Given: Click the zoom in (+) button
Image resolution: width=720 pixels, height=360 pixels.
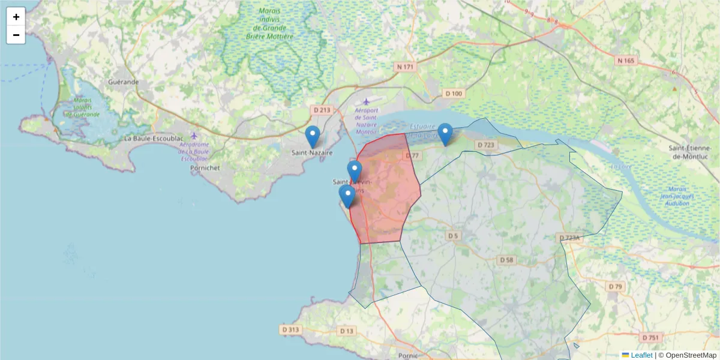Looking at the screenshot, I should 16,17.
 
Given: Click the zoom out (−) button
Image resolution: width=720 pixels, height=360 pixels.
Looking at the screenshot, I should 16,35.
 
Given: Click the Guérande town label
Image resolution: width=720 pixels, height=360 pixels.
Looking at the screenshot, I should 124,82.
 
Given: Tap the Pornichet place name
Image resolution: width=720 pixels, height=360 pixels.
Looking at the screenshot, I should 204,168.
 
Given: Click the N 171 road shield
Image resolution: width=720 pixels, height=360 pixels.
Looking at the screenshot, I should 406,67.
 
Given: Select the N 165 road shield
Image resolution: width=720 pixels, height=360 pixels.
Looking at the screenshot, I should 625,61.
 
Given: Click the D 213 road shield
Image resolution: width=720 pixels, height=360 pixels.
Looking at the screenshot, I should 322,110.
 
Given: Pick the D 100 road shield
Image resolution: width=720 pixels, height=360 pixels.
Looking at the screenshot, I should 454,94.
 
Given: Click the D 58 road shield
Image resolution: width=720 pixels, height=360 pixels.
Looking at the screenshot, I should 506,260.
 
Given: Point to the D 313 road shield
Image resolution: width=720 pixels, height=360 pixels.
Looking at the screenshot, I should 290,329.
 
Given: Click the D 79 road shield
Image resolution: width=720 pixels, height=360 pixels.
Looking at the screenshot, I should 615,287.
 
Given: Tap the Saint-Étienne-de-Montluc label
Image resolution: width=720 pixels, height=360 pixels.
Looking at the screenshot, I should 694,152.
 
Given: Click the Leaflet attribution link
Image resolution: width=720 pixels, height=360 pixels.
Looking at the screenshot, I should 641,355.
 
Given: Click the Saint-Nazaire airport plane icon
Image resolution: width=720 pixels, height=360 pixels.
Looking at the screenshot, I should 367,101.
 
